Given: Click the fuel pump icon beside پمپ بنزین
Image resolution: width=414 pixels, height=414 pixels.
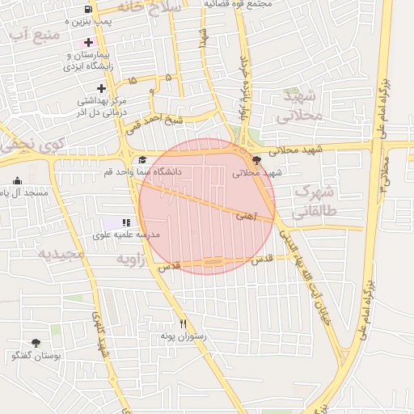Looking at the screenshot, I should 87,9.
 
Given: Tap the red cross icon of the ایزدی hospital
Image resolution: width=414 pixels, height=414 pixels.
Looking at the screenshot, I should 88,41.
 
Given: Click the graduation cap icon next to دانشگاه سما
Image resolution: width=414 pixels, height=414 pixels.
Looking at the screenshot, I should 142,160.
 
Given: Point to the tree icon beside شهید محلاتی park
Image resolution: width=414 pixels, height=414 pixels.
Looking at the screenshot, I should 257,160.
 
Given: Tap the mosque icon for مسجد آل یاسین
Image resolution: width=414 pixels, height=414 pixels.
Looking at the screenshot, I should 17,180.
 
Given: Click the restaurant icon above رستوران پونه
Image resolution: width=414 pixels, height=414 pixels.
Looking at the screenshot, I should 183,323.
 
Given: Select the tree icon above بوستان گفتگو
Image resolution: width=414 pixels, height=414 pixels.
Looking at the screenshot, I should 35,343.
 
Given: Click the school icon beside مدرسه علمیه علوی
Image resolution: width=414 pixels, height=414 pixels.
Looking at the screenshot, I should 125,222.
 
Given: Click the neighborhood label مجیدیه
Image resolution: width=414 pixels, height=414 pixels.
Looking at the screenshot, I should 61,254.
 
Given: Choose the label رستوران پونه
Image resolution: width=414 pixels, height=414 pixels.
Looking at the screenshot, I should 183,336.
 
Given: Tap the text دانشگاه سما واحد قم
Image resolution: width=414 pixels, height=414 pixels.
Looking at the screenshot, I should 188,172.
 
